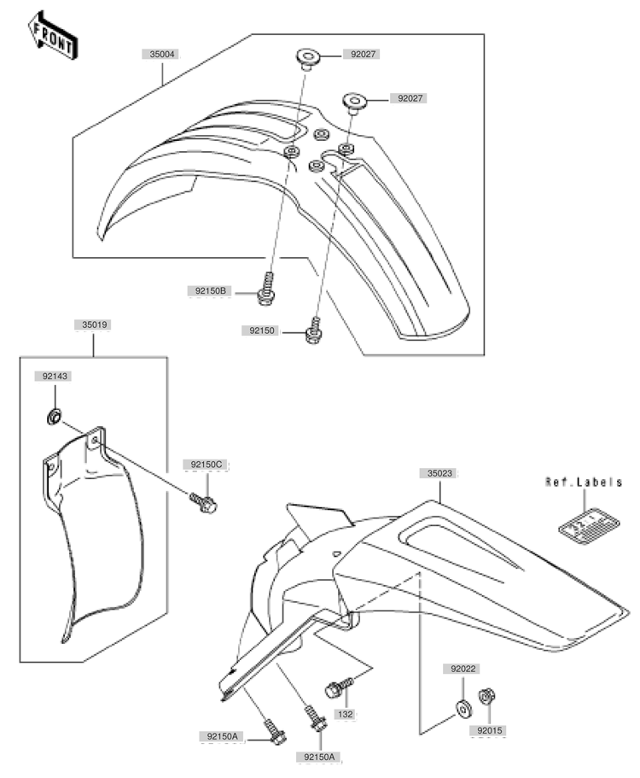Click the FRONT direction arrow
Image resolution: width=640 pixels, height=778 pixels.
pos(53,36)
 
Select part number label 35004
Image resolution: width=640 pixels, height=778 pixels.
pos(161,54)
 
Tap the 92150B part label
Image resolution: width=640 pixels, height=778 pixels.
pos(210,290)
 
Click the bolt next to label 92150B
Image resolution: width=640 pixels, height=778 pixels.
pos(266,290)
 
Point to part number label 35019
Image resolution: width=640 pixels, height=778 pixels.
pos(94,325)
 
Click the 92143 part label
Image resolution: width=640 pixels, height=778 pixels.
pos(55,376)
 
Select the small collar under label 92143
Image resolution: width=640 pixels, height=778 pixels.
pos(54,417)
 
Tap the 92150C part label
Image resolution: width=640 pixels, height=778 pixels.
pos(207,465)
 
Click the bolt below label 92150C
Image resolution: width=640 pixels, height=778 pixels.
pos(203,503)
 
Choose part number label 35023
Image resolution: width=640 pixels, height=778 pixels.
pos(439,473)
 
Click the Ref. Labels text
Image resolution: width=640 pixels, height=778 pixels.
pos(584,482)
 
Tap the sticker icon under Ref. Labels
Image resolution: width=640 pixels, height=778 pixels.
pos(589,528)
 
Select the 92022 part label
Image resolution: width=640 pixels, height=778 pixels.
pos(463,669)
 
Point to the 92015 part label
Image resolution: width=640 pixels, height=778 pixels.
pos(490,730)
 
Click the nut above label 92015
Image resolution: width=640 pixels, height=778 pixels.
pos(486,696)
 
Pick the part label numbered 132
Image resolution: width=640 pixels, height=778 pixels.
pos(345,714)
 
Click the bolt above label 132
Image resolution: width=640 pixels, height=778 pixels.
pos(339,687)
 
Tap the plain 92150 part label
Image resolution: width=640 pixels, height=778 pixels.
pos(262,331)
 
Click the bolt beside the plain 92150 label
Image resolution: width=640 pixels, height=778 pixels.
pos(313,331)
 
